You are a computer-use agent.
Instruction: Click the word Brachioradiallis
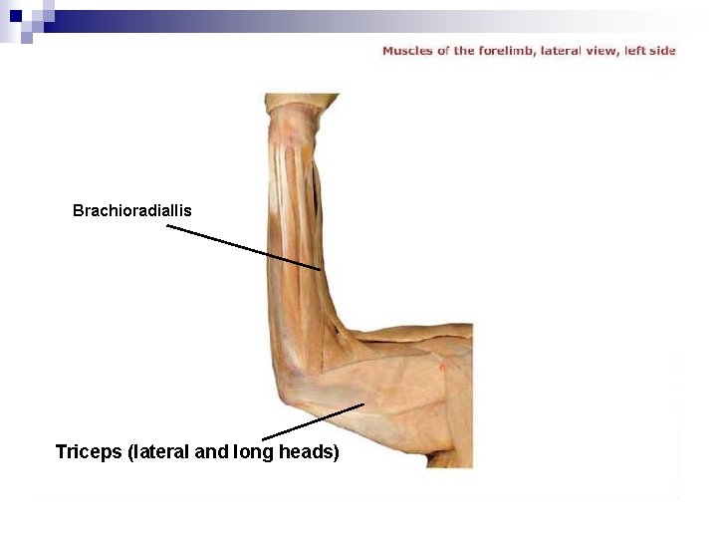tap(131, 211)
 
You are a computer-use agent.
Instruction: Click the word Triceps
tap(89, 452)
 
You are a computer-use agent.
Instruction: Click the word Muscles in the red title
tap(407, 51)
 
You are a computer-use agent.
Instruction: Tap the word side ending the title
tap(662, 51)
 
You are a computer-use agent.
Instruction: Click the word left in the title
tap(634, 51)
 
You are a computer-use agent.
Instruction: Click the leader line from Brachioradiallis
tap(244, 248)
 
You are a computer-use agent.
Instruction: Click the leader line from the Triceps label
tap(313, 421)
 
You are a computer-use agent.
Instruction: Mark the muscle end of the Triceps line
tap(364, 404)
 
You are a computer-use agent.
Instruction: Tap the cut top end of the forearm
tap(302, 101)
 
